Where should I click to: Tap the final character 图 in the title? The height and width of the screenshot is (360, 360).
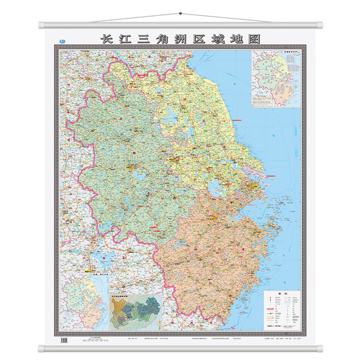(245, 40)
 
